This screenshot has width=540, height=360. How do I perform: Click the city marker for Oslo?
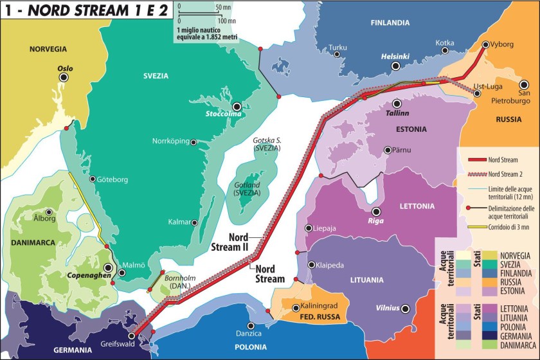[64, 77]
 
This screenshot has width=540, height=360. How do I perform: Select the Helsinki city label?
[395, 56]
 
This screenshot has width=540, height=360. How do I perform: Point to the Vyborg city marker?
[485, 44]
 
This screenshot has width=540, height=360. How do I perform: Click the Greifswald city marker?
[132, 335]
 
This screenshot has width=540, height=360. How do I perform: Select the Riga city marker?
[377, 212]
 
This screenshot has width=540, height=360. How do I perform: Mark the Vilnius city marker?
[406, 309]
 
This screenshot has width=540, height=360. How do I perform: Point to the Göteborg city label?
[113, 179]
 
